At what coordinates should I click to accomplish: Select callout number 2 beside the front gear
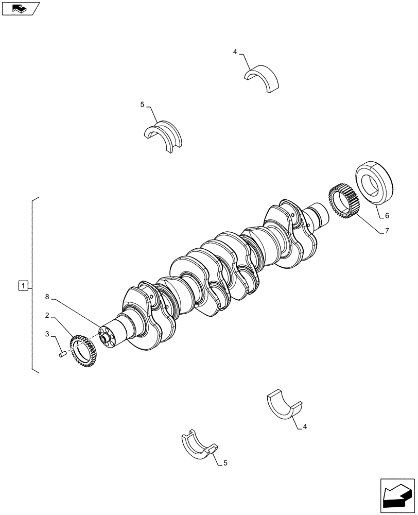47,315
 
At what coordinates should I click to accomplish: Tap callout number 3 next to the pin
47,334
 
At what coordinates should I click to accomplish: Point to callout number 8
47,297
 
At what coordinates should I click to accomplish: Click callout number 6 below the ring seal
387,215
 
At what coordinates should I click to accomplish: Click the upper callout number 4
235,52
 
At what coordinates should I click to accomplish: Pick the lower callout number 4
305,426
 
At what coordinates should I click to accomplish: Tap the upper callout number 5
142,105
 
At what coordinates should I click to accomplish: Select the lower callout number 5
225,463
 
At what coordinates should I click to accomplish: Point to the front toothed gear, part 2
83,350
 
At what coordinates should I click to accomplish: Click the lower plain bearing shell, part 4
284,403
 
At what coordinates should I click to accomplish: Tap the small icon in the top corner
20,9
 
